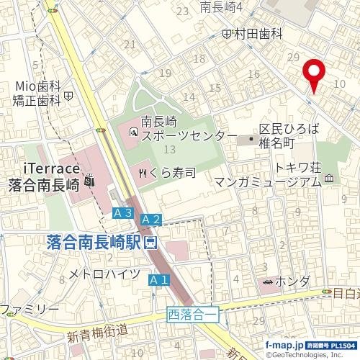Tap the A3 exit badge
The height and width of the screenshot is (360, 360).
[122, 212]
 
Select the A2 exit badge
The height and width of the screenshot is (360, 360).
[150, 218]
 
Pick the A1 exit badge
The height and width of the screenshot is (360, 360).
[158, 279]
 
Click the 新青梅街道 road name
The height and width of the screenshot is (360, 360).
[97, 334]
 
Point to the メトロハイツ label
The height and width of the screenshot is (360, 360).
[104, 274]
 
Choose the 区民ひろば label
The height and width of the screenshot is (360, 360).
[289, 129]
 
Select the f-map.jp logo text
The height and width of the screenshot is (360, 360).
[284, 346]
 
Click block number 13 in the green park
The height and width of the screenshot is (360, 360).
[170, 149]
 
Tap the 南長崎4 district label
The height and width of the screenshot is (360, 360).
[221, 7]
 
